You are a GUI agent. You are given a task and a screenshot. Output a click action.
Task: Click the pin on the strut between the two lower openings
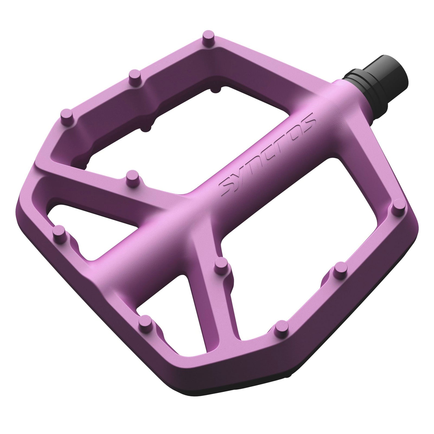pos(222,264)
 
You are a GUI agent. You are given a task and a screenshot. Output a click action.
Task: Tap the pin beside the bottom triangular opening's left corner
pos(146,322)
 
